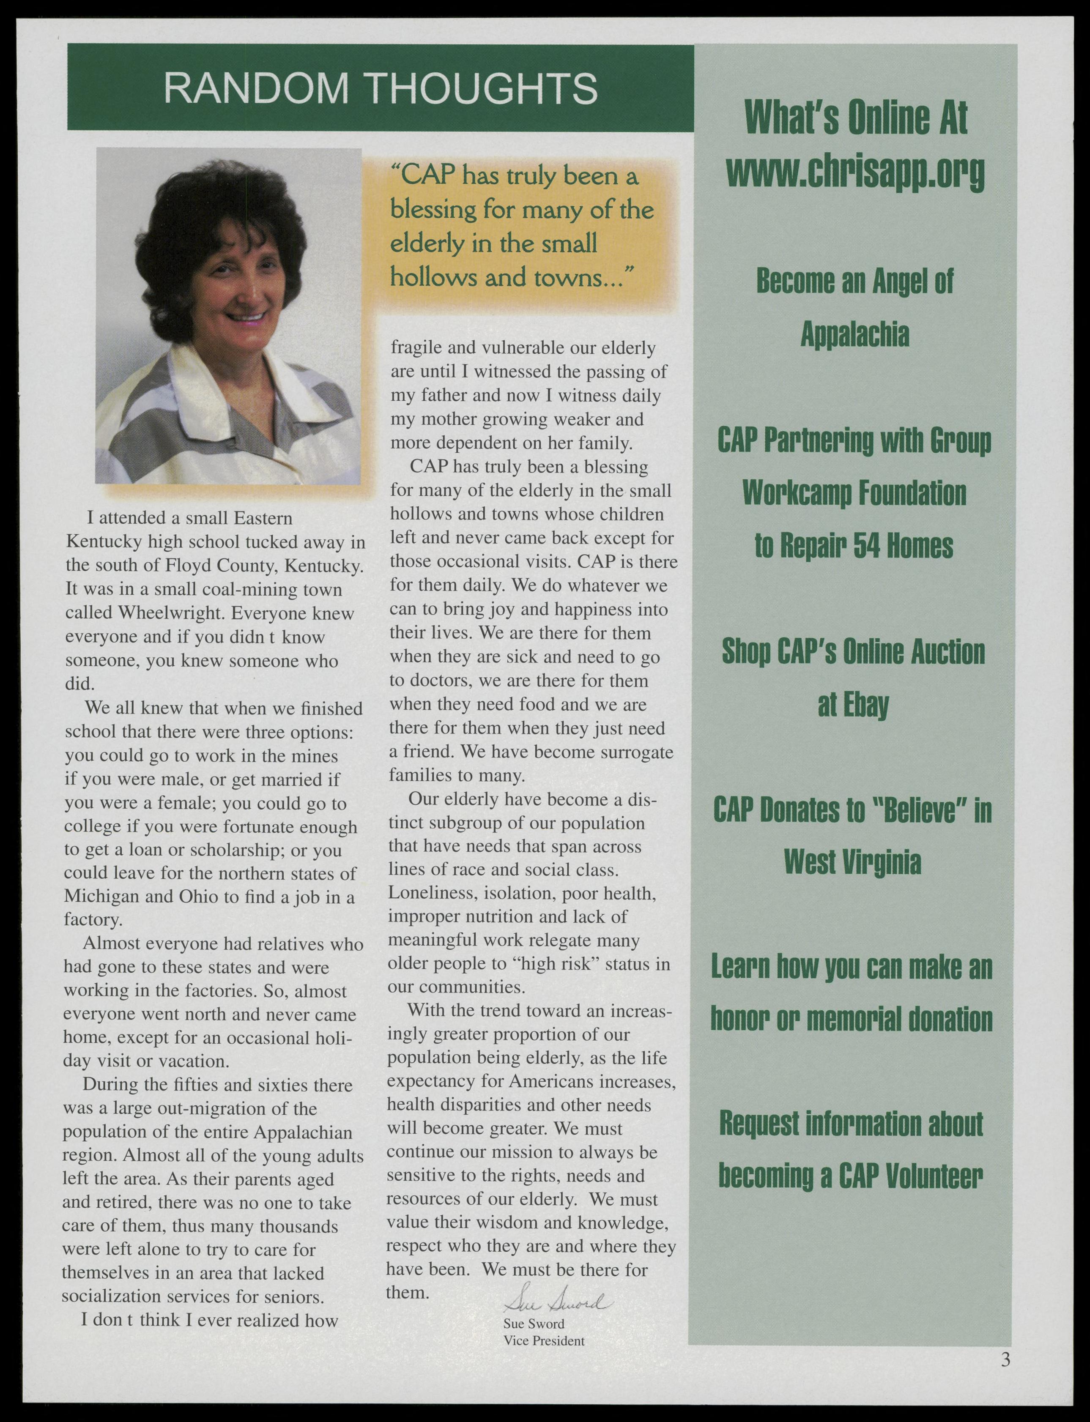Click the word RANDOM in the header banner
(256, 88)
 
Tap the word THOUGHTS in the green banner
(484, 88)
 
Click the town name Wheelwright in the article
(171, 613)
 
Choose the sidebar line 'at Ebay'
(852, 705)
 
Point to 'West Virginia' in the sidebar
(852, 862)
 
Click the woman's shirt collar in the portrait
(214, 415)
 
